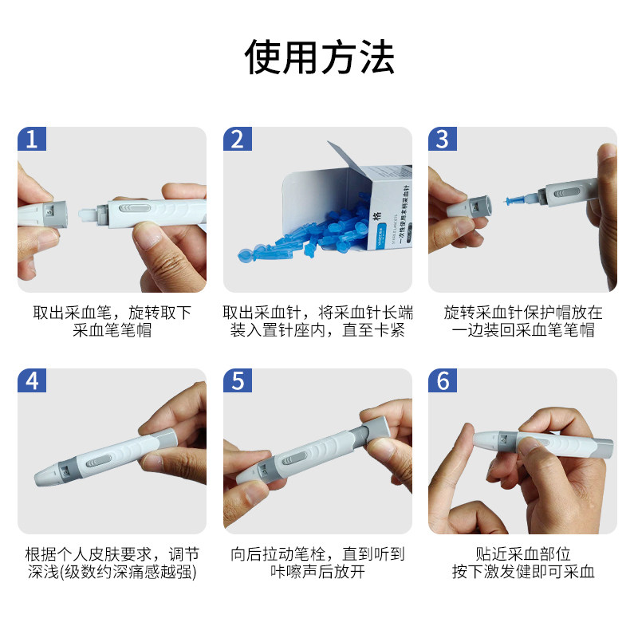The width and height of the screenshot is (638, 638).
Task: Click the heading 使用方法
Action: [x=319, y=57]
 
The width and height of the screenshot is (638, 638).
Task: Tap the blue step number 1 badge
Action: [x=32, y=139]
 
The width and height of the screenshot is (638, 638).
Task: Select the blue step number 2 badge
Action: [x=237, y=139]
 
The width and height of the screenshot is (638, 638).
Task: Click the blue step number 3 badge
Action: [x=443, y=139]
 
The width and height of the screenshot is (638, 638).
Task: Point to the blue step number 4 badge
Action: [x=32, y=380]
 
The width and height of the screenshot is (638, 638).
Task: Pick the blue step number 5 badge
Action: [x=237, y=380]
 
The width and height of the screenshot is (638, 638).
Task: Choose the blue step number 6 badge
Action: [x=443, y=380]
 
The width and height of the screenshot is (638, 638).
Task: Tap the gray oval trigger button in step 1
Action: [x=135, y=208]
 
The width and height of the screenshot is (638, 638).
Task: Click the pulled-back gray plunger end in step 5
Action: [x=377, y=428]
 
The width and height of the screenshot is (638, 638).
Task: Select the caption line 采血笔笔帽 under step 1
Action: [x=112, y=330]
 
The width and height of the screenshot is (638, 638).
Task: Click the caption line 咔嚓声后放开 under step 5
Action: [x=317, y=572]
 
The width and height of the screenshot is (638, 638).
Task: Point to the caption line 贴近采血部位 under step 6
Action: [x=523, y=553]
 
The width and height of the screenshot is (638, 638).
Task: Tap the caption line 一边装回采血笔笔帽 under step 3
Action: [x=523, y=330]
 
